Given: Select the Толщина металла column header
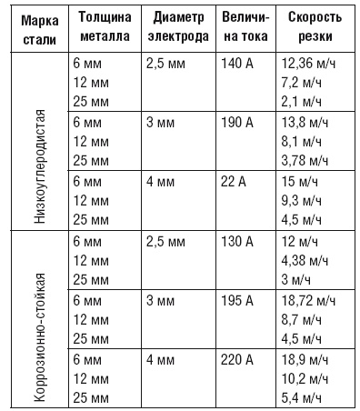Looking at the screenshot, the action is [x=105, y=28].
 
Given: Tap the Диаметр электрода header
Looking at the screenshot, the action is [x=178, y=28].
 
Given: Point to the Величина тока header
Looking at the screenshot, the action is [x=244, y=28].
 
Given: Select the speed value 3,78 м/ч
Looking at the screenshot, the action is [x=305, y=159].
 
